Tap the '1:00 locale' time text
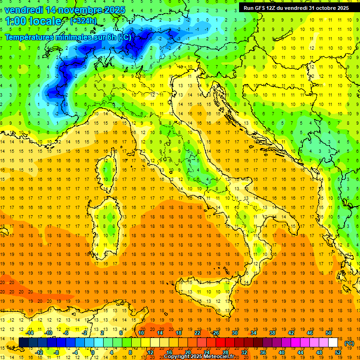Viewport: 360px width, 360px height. (x=33, y=21)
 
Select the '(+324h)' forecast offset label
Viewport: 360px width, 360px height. (x=83, y=21)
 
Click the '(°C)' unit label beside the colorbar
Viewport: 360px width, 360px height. (x=349, y=343)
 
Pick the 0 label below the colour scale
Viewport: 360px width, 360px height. (x=93, y=352)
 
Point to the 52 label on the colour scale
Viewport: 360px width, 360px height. (x=338, y=352)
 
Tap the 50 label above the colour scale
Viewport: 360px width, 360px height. (x=329, y=333)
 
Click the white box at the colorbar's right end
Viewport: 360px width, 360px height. (x=333, y=343)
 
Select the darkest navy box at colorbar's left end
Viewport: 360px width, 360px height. (x=23, y=343)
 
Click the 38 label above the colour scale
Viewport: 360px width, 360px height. (x=272, y=333)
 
